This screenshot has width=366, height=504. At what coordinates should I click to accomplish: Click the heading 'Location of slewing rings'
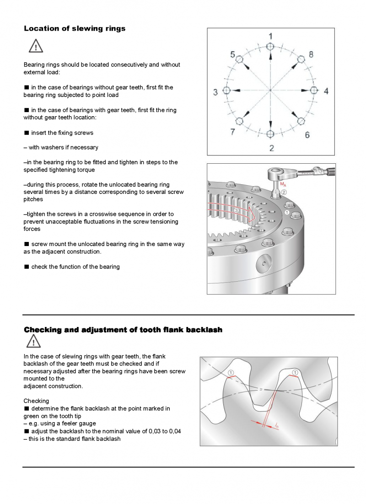(75, 28)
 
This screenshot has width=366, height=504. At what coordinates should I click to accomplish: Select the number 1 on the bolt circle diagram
(270, 36)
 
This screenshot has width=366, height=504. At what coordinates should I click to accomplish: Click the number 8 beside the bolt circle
(311, 54)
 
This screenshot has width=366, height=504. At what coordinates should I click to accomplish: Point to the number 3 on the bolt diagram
(215, 92)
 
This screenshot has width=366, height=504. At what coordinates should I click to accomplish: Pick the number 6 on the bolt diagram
(307, 134)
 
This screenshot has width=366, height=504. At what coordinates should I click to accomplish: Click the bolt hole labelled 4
(314, 90)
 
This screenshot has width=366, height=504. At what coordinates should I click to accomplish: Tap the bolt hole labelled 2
(270, 134)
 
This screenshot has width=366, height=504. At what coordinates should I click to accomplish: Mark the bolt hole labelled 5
(239, 59)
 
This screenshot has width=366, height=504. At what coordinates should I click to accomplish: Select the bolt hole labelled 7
(239, 121)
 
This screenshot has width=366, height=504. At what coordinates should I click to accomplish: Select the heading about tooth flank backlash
(123, 330)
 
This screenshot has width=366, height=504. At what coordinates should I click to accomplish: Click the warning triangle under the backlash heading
(33, 342)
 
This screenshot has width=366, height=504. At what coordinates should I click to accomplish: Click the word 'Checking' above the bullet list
(36, 401)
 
